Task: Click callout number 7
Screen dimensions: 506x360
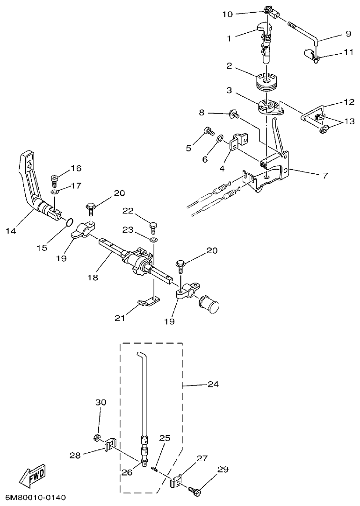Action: pyautogui.click(x=324, y=176)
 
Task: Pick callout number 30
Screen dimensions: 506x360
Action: pyautogui.click(x=101, y=402)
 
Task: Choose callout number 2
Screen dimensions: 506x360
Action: pyautogui.click(x=230, y=66)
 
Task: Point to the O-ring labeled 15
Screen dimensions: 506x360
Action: pyautogui.click(x=68, y=222)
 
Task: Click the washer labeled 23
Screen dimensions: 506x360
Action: pyautogui.click(x=154, y=239)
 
